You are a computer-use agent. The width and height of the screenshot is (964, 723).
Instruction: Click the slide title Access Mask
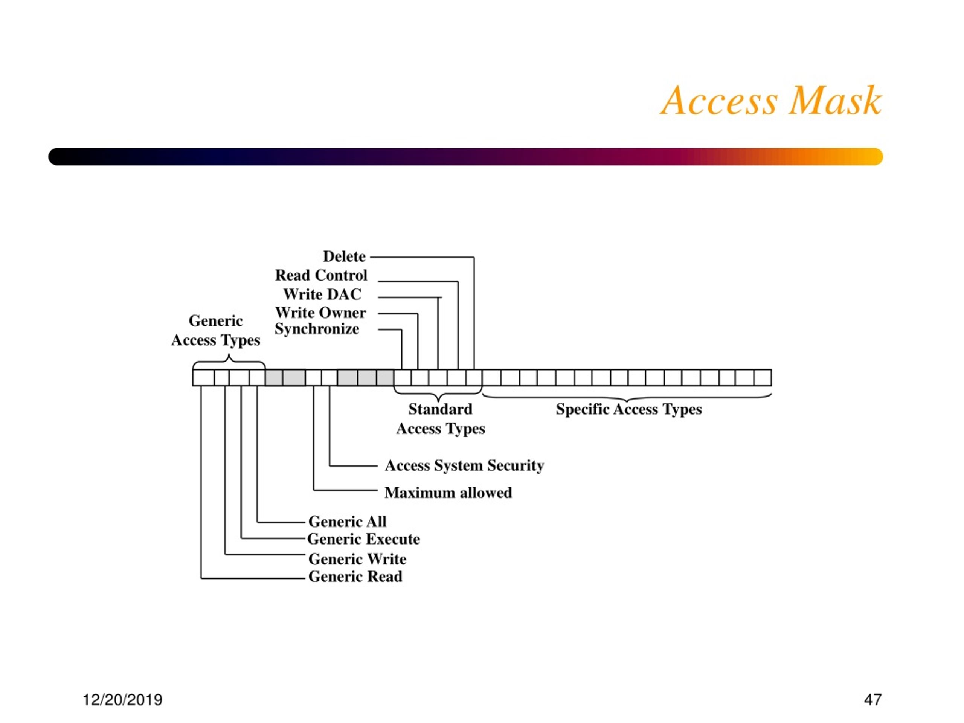(x=771, y=101)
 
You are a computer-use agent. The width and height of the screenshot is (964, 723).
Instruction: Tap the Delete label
(x=344, y=256)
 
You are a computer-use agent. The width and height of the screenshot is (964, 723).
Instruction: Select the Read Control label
(x=321, y=275)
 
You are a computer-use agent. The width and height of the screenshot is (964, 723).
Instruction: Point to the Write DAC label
(x=322, y=294)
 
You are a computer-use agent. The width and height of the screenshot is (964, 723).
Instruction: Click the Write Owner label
(x=320, y=313)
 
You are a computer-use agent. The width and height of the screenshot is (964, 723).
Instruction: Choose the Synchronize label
(x=317, y=329)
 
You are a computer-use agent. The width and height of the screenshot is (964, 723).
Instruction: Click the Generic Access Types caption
(x=216, y=330)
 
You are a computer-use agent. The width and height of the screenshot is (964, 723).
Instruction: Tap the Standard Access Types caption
(x=440, y=419)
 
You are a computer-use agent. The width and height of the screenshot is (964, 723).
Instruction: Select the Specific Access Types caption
(x=628, y=409)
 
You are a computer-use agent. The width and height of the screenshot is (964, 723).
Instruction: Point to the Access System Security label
(x=464, y=465)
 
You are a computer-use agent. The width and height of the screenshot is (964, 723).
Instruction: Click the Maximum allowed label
(x=448, y=493)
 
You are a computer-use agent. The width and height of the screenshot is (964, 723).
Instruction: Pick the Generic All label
(x=347, y=521)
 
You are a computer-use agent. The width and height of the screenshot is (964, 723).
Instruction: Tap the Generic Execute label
(x=363, y=539)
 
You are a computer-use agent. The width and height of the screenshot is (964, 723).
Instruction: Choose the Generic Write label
(x=357, y=559)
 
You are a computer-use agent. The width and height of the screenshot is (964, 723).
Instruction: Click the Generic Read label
(x=355, y=577)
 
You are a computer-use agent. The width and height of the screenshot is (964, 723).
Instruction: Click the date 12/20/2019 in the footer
(x=122, y=700)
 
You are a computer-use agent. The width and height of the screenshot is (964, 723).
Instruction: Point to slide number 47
(x=873, y=700)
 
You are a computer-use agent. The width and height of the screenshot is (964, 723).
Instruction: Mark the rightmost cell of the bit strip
(x=763, y=377)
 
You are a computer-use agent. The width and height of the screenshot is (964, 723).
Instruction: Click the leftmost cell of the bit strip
(x=203, y=377)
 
